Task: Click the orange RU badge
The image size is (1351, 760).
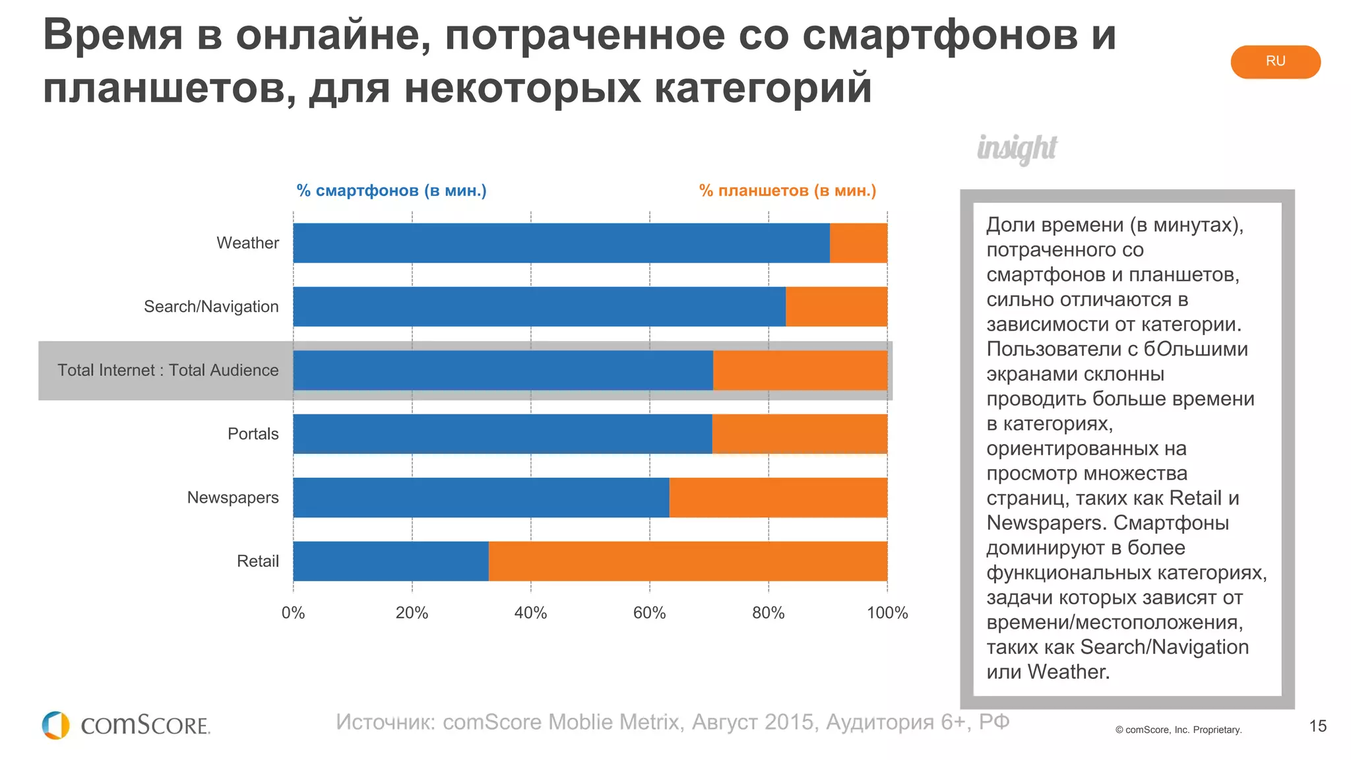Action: [1274, 61]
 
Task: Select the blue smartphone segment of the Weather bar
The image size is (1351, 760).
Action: [561, 243]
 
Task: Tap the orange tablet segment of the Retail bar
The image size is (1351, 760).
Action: [687, 561]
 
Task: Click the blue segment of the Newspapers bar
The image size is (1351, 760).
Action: [481, 497]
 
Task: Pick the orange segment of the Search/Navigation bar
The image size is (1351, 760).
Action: [836, 306]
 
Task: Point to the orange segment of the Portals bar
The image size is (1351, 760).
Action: [799, 433]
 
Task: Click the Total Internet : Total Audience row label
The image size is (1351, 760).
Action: [168, 370]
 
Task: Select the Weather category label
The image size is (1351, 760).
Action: [247, 243]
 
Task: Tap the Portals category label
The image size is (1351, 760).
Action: [253, 433]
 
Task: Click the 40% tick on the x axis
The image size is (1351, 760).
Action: [530, 613]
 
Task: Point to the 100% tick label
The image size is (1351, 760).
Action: [887, 613]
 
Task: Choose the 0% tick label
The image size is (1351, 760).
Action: [293, 613]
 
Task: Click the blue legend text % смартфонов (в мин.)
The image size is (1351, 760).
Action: [391, 191]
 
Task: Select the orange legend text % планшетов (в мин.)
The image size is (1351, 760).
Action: [788, 191]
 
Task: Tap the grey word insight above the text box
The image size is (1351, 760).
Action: [1017, 148]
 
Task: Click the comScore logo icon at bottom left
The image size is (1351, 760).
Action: [55, 725]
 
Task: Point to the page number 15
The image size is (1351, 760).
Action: [1317, 726]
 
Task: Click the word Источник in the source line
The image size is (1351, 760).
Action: [385, 722]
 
